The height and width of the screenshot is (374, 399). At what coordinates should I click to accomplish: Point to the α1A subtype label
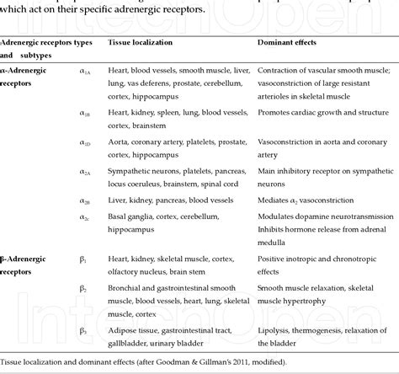click(x=86, y=71)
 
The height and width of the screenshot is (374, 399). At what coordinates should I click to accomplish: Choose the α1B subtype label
click(x=86, y=113)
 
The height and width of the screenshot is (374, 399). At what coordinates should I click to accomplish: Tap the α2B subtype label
click(x=86, y=200)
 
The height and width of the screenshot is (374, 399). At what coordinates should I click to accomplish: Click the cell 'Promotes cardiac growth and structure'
click(x=324, y=111)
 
